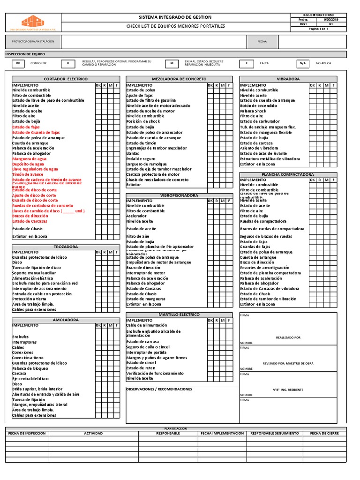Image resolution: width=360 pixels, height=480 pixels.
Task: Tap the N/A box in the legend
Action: click(302, 63)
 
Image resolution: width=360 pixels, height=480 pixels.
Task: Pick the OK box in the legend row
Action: click(18, 63)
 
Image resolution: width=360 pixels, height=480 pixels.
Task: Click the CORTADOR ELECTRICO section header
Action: click(62, 79)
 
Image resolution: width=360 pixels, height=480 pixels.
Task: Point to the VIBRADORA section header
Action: click(288, 79)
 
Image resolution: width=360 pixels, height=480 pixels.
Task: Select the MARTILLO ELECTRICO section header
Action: click(179, 315)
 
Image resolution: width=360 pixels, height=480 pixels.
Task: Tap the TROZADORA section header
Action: click(65, 247)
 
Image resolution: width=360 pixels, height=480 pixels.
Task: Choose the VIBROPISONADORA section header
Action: click(179, 195)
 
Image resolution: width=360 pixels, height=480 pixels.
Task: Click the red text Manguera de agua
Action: click(29, 159)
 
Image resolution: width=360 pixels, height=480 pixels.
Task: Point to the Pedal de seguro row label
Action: click(141, 159)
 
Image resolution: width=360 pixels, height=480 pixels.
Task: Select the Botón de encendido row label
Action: click(259, 106)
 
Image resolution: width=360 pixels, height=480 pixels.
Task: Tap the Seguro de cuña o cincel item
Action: click(148, 347)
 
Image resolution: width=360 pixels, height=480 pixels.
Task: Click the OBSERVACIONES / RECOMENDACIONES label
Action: click(159, 389)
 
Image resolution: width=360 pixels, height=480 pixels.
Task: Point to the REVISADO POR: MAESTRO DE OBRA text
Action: click(288, 363)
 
